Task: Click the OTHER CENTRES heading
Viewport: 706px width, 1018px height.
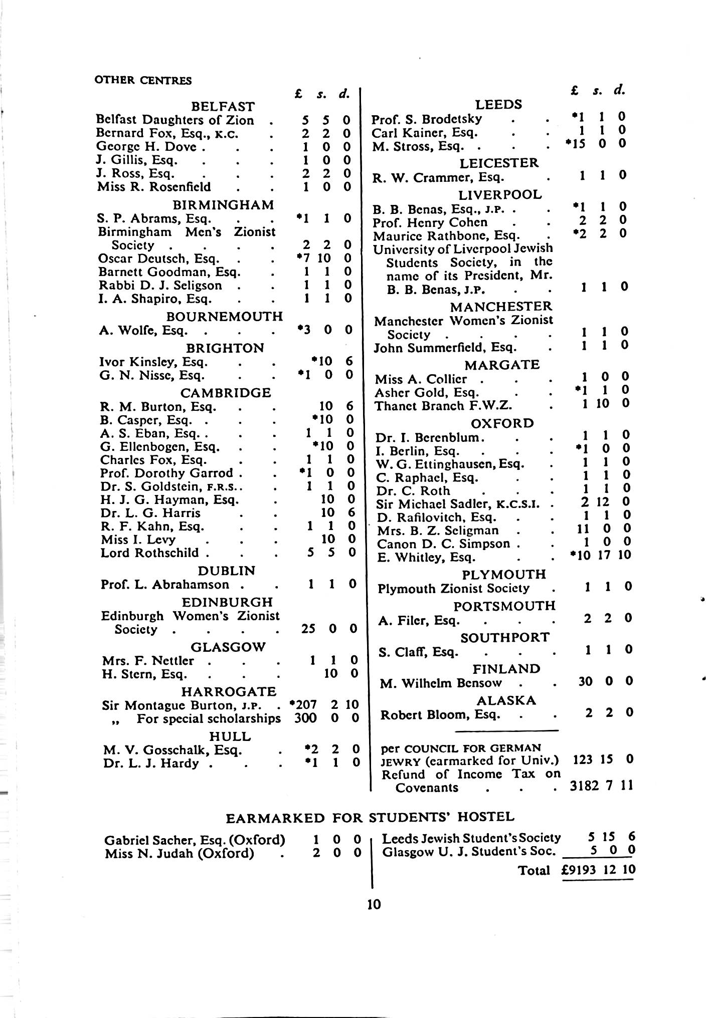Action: point(143,80)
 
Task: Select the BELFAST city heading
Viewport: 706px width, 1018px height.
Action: point(223,107)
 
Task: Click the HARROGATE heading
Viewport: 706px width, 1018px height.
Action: point(229,692)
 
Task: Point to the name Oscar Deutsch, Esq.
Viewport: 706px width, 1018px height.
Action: point(158,259)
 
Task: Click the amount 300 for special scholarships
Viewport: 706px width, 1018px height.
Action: point(305,718)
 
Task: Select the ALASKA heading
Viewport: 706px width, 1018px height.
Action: point(506,700)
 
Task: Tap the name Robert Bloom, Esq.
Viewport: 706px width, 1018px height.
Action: point(440,714)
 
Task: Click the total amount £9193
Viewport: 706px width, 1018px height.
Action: point(579,870)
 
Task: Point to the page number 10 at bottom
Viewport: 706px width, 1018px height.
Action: point(374,904)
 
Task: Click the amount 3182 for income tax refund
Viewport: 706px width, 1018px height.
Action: point(584,787)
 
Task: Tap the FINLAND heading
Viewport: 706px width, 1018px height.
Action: point(506,669)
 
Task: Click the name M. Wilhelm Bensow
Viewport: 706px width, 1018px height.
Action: point(441,683)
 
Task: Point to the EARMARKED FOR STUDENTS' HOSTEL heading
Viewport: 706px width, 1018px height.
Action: point(370,818)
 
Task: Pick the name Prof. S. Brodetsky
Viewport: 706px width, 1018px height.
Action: point(427,119)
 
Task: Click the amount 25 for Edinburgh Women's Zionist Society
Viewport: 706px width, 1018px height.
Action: point(308,628)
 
